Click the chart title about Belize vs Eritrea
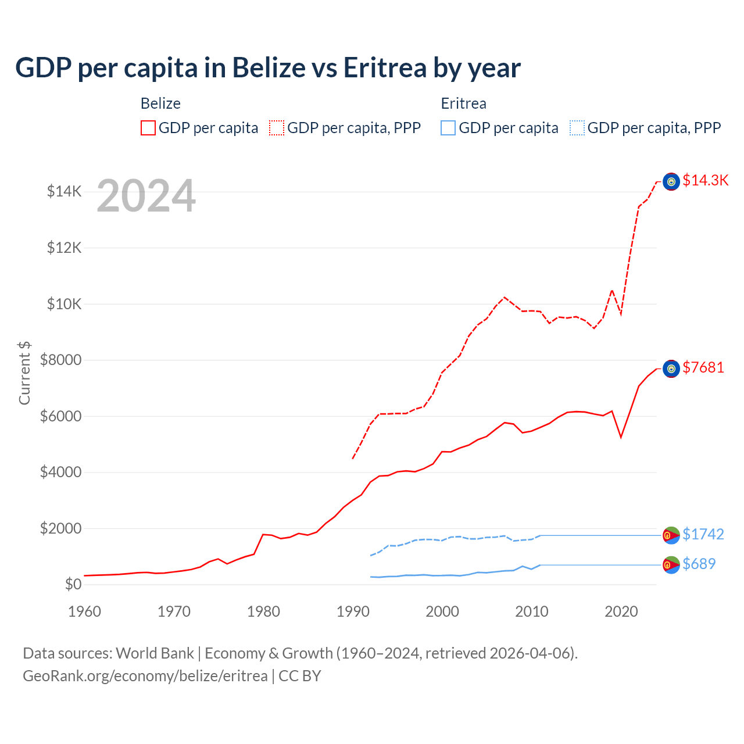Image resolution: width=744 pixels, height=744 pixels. (x=268, y=68)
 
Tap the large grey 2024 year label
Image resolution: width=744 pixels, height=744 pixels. (x=146, y=196)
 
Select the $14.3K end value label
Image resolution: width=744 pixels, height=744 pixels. (x=705, y=181)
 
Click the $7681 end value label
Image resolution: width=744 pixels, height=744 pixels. (x=703, y=368)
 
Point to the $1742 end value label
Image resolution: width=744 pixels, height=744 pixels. (x=703, y=534)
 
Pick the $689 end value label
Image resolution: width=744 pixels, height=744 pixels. (x=699, y=564)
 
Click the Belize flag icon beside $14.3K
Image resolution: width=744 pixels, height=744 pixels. (x=671, y=182)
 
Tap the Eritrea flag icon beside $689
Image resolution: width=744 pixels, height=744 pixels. (x=671, y=564)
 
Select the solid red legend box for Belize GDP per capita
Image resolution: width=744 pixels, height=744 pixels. (x=148, y=128)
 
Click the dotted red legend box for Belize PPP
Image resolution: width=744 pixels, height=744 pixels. (x=277, y=128)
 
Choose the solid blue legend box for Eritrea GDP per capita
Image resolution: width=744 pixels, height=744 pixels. (x=448, y=128)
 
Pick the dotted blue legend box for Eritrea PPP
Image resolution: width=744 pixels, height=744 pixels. (x=577, y=128)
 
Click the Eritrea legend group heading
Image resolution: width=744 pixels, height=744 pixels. (x=463, y=103)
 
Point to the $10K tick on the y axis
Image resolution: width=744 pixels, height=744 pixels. (x=64, y=304)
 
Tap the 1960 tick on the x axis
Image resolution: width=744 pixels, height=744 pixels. (x=85, y=611)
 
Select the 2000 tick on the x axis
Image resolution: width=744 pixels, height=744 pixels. (x=442, y=611)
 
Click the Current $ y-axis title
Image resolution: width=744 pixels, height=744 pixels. (x=24, y=373)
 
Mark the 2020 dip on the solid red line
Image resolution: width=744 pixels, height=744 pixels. (x=621, y=437)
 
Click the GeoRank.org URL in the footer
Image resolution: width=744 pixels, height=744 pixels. (x=145, y=676)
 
